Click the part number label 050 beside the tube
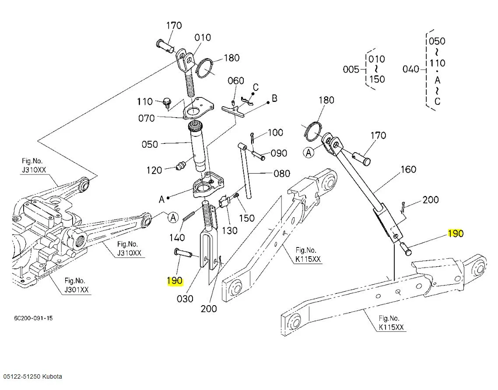tap(150, 144)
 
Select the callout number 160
tap(408, 169)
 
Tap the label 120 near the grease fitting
tap(154, 170)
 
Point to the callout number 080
tap(281, 174)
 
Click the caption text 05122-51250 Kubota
tap(33, 376)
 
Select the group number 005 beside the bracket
tap(351, 69)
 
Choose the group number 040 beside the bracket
tap(411, 69)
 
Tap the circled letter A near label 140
tap(173, 217)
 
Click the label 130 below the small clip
tap(230, 230)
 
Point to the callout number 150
tap(247, 217)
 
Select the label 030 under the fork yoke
tap(185, 299)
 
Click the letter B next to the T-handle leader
tap(274, 98)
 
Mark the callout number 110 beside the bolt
tap(145, 102)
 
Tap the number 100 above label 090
tap(275, 132)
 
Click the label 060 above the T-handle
tap(236, 81)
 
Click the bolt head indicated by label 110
tap(166, 101)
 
